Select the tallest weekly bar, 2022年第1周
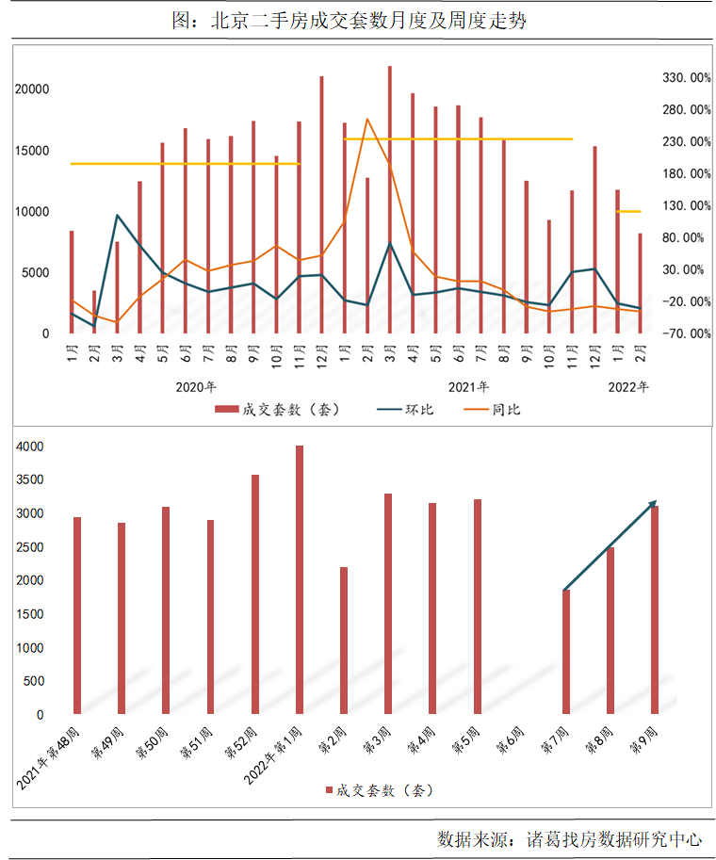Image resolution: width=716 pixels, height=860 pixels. click(300, 579)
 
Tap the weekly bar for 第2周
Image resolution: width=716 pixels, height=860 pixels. click(344, 641)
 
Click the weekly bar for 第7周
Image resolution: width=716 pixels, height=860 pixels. click(566, 652)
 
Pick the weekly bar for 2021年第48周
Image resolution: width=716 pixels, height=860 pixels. click(77, 615)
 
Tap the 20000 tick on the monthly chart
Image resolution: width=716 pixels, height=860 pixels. click(34, 89)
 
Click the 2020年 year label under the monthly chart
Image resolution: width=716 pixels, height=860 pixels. click(196, 387)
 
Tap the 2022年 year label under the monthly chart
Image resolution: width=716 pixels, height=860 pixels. click(628, 387)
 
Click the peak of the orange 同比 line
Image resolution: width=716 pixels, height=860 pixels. click(366, 119)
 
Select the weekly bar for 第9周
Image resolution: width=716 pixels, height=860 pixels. click(655, 610)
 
